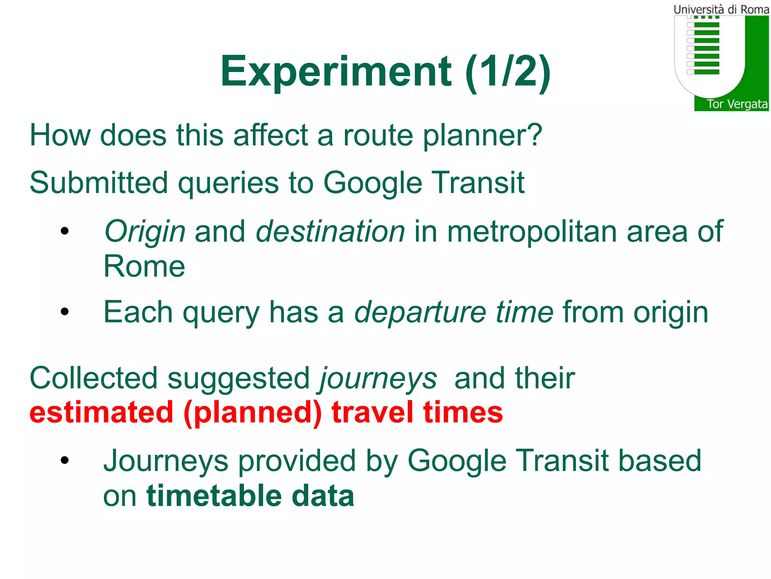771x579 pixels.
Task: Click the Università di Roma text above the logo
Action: (721, 9)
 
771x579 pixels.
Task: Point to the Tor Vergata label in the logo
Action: (737, 104)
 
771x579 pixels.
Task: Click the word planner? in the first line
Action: (482, 136)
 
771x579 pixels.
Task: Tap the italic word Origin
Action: (145, 232)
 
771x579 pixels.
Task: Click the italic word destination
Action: (330, 231)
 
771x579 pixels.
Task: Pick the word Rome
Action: (144, 266)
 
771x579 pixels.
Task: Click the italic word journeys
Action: (378, 379)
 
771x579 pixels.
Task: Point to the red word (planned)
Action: (253, 413)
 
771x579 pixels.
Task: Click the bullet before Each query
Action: (65, 312)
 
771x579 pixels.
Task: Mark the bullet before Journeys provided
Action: (65, 460)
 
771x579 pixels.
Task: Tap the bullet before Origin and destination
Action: (65, 231)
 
